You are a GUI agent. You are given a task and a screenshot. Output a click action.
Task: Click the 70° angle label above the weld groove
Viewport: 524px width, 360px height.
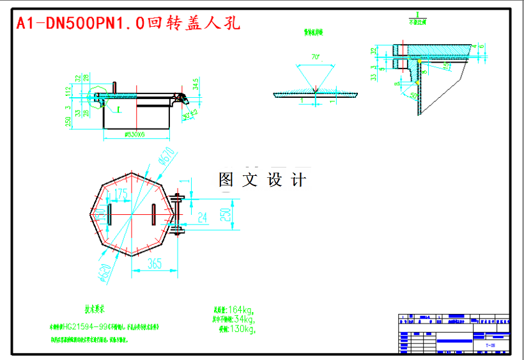click(x=315, y=56)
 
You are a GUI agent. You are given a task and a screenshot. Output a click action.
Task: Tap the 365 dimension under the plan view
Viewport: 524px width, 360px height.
click(x=155, y=263)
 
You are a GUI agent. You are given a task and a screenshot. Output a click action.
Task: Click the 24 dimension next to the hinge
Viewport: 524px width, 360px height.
click(x=201, y=217)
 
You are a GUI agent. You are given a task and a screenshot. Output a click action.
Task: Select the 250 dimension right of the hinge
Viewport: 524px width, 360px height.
click(x=224, y=214)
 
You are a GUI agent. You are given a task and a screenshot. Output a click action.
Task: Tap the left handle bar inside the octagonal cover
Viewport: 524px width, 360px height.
click(x=109, y=214)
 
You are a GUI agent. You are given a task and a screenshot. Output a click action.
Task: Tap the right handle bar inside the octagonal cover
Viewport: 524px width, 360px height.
click(x=155, y=214)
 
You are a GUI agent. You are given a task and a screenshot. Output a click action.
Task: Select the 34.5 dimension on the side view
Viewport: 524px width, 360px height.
click(x=195, y=84)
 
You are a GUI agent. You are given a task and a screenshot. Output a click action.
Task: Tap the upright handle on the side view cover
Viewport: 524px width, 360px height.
click(x=114, y=88)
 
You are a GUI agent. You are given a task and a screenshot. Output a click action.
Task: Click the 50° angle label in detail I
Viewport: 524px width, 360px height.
click(x=414, y=95)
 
